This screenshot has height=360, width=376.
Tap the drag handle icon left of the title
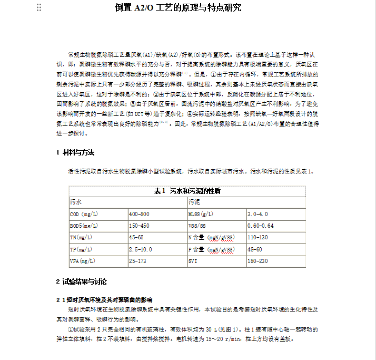coord(39,7)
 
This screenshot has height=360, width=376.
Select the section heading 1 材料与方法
coord(75,152)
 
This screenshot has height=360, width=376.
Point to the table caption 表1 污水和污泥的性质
coord(187,191)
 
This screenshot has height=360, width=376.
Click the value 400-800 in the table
coord(139,215)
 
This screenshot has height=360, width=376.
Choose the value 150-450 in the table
coord(139,226)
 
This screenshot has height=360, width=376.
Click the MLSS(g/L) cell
coord(201,215)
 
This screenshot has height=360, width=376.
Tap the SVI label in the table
coord(192,261)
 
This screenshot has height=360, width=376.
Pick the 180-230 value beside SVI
coord(258,261)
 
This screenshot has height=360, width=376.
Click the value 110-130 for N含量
coord(258,238)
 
